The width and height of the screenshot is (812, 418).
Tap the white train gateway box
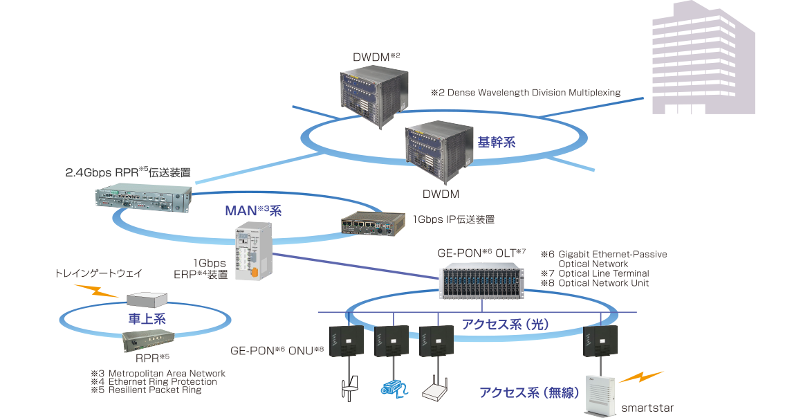[x=147, y=298]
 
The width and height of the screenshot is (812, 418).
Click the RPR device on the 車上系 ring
[x=148, y=340]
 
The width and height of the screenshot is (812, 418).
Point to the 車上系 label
[x=147, y=318]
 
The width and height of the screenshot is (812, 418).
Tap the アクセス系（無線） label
[x=528, y=392]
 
